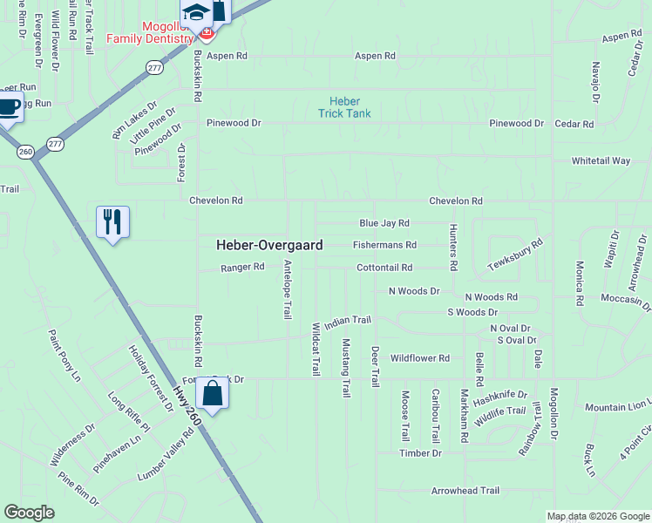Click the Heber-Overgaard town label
[269, 246]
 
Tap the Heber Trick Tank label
[343, 107]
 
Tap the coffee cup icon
[9, 107]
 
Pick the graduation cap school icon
[196, 12]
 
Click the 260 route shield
[24, 152]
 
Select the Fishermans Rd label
[384, 246]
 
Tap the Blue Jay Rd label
[384, 223]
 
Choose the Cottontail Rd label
[384, 268]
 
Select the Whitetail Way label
[601, 161]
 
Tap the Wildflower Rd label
[419, 358]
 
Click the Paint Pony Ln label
[64, 355]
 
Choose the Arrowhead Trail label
[465, 491]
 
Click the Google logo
[29, 513]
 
